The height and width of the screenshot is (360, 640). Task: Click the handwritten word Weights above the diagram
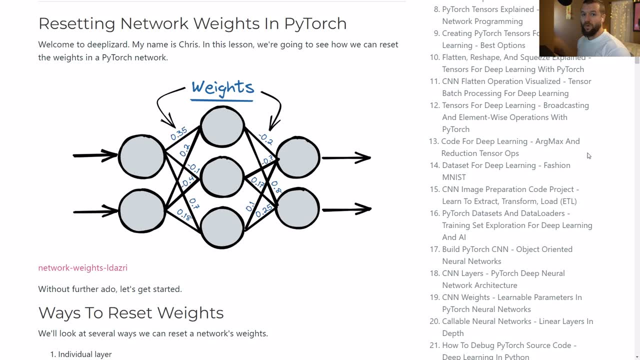click(x=222, y=88)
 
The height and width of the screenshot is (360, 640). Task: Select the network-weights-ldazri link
click(x=82, y=268)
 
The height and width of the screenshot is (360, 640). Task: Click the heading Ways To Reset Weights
click(x=130, y=313)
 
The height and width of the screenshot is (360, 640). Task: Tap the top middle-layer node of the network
click(x=222, y=126)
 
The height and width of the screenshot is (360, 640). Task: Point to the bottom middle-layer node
click(x=222, y=227)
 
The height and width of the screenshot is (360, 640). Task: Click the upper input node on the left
click(x=142, y=156)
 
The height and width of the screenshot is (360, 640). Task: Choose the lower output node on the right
click(x=297, y=208)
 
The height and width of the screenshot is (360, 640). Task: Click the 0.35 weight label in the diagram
click(x=178, y=133)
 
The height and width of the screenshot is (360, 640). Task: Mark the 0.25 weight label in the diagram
click(x=264, y=210)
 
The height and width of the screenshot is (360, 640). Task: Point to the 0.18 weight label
click(x=184, y=215)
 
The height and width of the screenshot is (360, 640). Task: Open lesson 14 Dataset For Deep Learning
click(x=505, y=165)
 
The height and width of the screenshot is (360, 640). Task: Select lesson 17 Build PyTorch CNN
click(x=507, y=249)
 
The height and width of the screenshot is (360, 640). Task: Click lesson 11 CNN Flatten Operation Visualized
click(x=516, y=81)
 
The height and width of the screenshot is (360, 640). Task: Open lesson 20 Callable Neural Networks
click(x=517, y=321)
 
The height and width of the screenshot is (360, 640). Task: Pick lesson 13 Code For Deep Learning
click(x=510, y=141)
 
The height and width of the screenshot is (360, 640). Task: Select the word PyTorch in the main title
click(x=315, y=23)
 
